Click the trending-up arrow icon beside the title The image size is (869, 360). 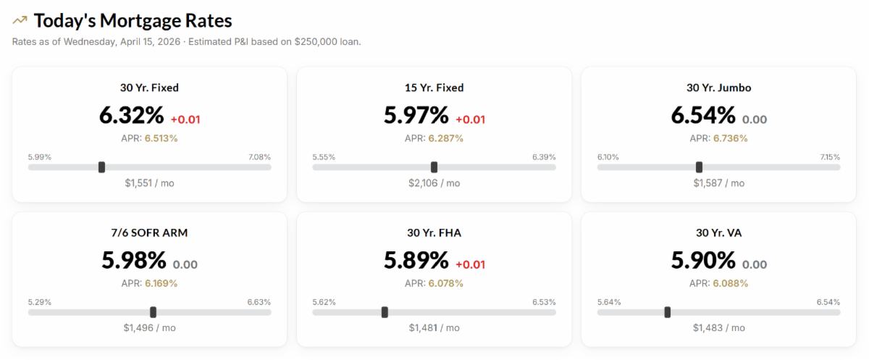pyautogui.click(x=20, y=20)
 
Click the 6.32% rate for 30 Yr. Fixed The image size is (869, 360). pyautogui.click(x=132, y=115)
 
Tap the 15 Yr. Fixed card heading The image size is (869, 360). pyautogui.click(x=434, y=88)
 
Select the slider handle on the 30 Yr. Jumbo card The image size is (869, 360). pyautogui.click(x=699, y=167)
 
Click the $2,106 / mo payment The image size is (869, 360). pyautogui.click(x=434, y=183)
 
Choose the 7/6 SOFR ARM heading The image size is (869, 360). pyautogui.click(x=149, y=233)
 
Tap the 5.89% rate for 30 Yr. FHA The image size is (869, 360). pyautogui.click(x=416, y=260)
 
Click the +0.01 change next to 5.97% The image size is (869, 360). pyautogui.click(x=471, y=120)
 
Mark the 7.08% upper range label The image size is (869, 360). pyautogui.click(x=259, y=156)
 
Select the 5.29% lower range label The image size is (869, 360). pyautogui.click(x=40, y=301)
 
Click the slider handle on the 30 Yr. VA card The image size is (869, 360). pyautogui.click(x=667, y=312)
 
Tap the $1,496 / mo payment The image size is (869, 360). pyautogui.click(x=149, y=328)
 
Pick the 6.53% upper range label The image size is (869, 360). pyautogui.click(x=543, y=301)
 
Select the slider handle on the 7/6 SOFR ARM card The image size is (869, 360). pyautogui.click(x=153, y=312)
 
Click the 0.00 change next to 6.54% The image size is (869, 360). pyautogui.click(x=755, y=120)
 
